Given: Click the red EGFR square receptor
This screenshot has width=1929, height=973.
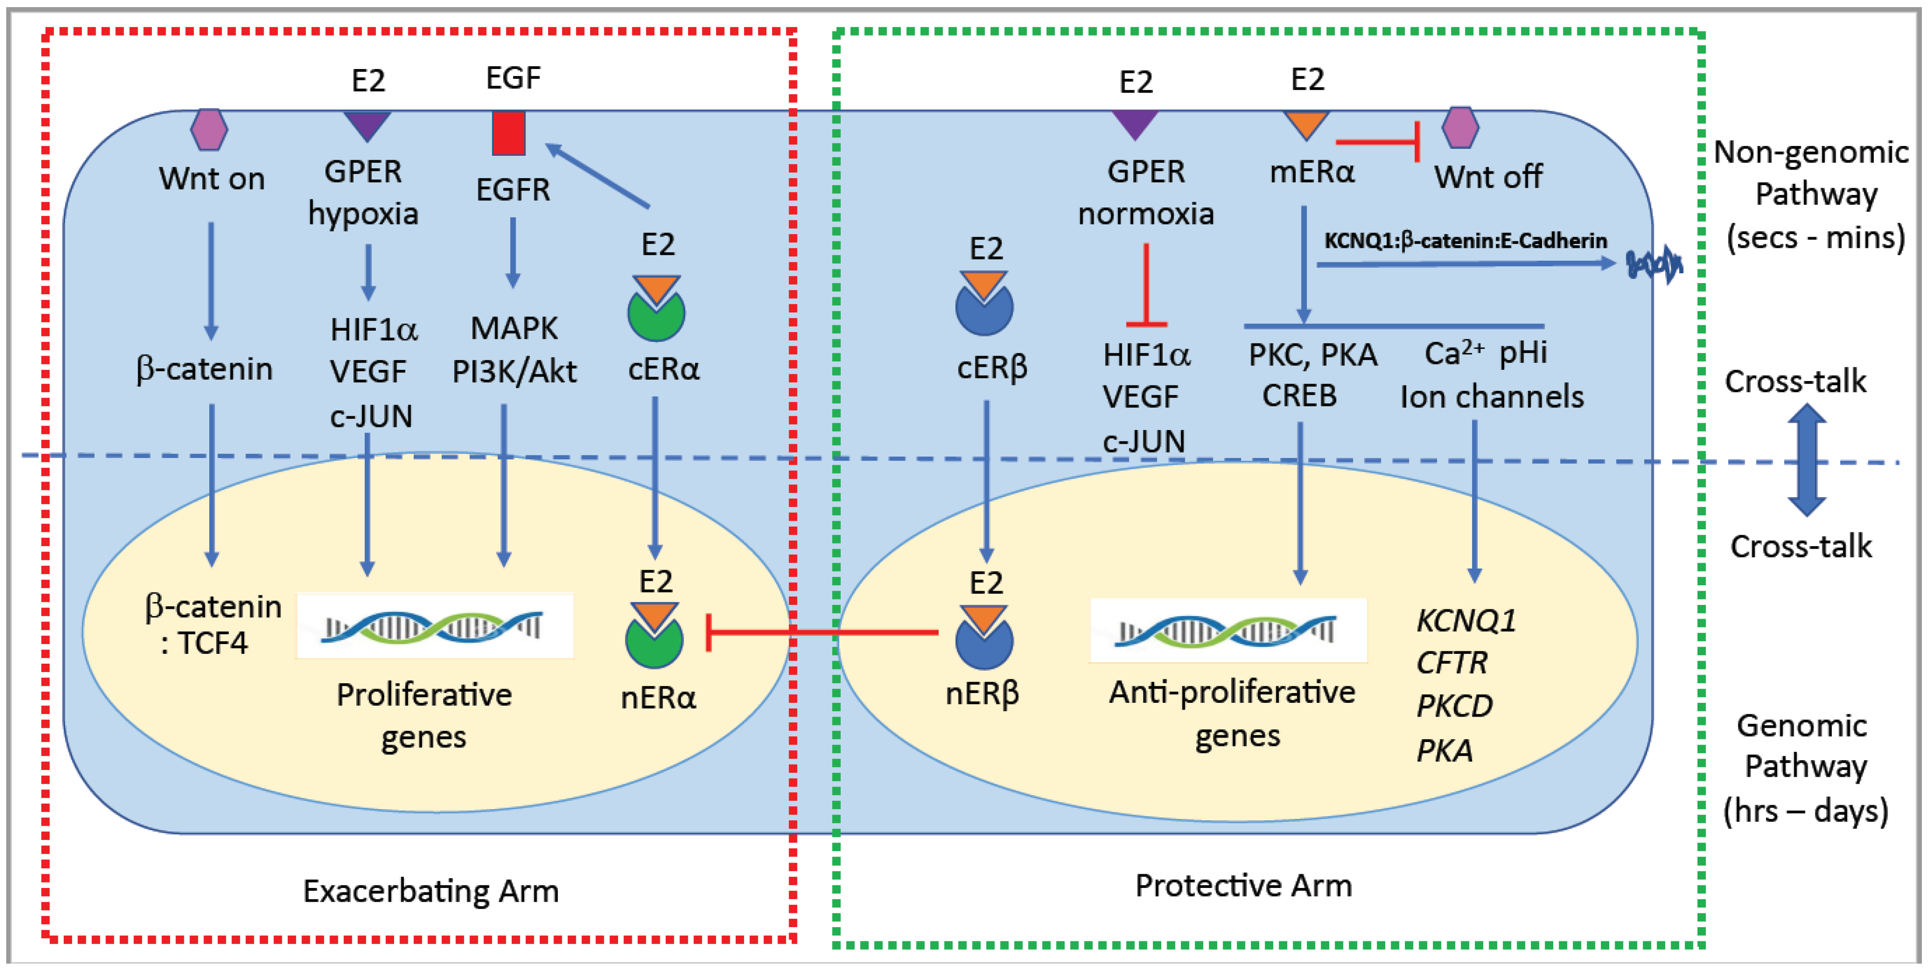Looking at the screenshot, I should (509, 133).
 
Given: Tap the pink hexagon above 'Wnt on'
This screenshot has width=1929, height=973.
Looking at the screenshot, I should (209, 130).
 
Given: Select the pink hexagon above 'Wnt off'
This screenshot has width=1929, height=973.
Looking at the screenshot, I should (1460, 127).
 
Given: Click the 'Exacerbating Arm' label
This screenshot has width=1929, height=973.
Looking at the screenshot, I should (431, 891).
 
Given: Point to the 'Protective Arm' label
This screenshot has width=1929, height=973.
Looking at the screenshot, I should (1243, 885).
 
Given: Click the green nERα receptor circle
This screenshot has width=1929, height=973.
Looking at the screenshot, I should (654, 644).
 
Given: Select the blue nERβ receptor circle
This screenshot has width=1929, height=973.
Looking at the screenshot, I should (984, 644).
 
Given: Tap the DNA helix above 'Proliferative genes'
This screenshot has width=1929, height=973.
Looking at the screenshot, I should (434, 626).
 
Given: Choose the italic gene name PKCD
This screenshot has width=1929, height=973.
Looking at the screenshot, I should (1454, 706).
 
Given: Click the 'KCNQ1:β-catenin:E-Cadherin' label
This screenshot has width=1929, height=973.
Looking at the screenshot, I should (1465, 240).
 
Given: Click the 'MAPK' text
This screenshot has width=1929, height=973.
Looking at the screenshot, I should (514, 328).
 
